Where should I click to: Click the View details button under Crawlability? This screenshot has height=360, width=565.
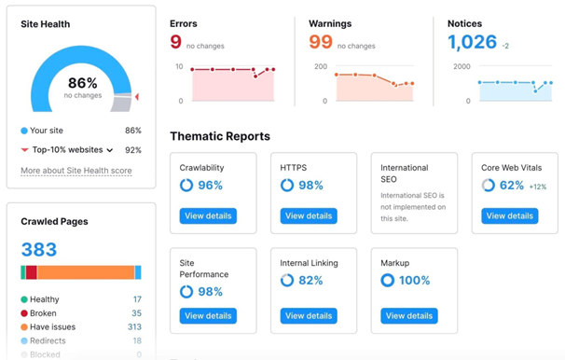(x=208, y=215)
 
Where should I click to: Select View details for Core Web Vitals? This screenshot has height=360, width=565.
(x=510, y=215)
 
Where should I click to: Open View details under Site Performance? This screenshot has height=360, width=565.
(x=208, y=316)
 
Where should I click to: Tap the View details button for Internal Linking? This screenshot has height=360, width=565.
(x=309, y=316)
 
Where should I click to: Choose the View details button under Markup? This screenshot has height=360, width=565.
(x=409, y=316)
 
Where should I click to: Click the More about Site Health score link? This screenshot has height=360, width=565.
(x=76, y=171)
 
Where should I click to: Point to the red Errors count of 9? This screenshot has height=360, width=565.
(x=176, y=42)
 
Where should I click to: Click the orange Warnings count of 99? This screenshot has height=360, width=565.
(x=321, y=42)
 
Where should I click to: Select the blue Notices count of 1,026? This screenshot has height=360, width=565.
(x=473, y=42)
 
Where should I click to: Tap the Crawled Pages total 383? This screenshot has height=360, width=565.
(x=39, y=249)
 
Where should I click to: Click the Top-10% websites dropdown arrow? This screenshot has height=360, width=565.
(x=110, y=150)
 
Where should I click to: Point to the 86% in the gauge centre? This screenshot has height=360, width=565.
(x=82, y=83)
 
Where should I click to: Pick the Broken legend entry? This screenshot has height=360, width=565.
(x=43, y=313)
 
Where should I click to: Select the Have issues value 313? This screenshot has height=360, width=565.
(x=134, y=327)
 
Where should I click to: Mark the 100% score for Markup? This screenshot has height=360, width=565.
(x=415, y=280)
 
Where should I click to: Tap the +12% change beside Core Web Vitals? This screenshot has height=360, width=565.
(x=538, y=187)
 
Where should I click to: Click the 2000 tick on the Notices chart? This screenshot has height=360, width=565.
(x=462, y=67)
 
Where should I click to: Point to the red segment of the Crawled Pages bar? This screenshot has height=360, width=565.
(x=32, y=272)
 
